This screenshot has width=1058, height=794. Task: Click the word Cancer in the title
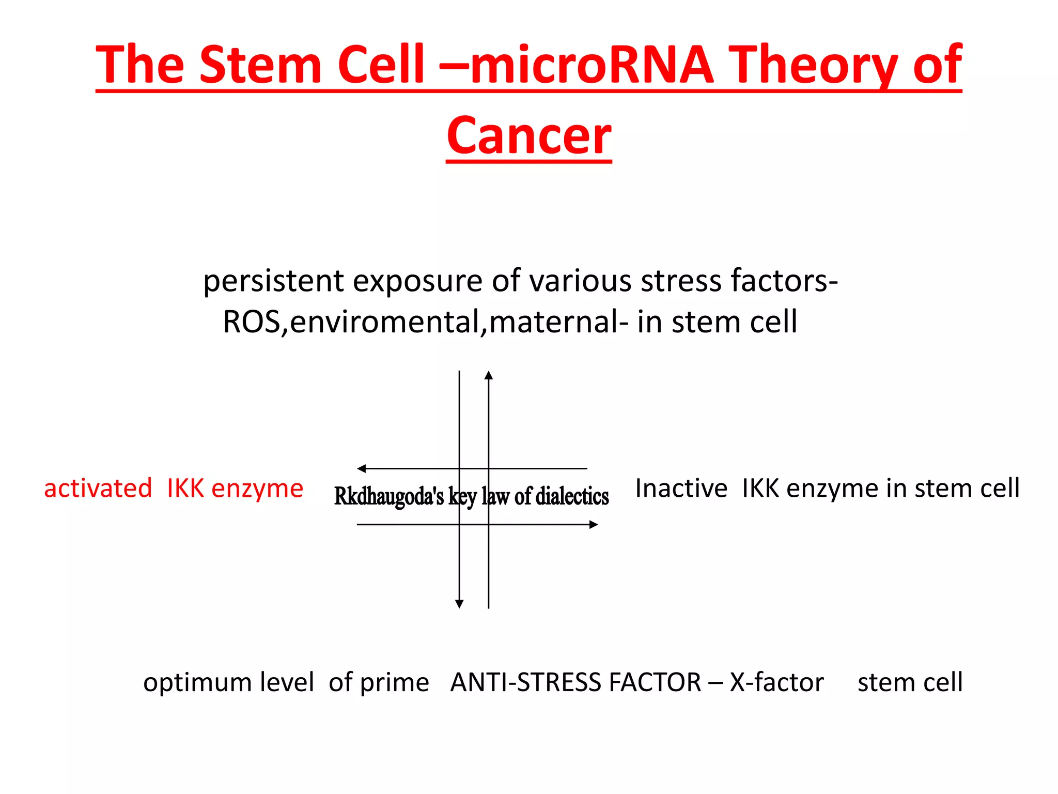(529, 135)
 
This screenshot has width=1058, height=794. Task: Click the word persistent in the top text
(273, 282)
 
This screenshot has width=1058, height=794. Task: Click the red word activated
(98, 488)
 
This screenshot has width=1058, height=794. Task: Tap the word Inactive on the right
(681, 488)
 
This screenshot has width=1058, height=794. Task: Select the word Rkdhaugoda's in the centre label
(388, 496)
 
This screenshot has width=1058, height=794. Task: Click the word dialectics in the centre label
(572, 496)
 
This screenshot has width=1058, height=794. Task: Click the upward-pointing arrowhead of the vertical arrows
(489, 375)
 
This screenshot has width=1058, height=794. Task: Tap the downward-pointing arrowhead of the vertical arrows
(459, 604)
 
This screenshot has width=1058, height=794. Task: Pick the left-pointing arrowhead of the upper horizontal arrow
(362, 469)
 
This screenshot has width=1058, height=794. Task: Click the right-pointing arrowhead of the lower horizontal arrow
(594, 525)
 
